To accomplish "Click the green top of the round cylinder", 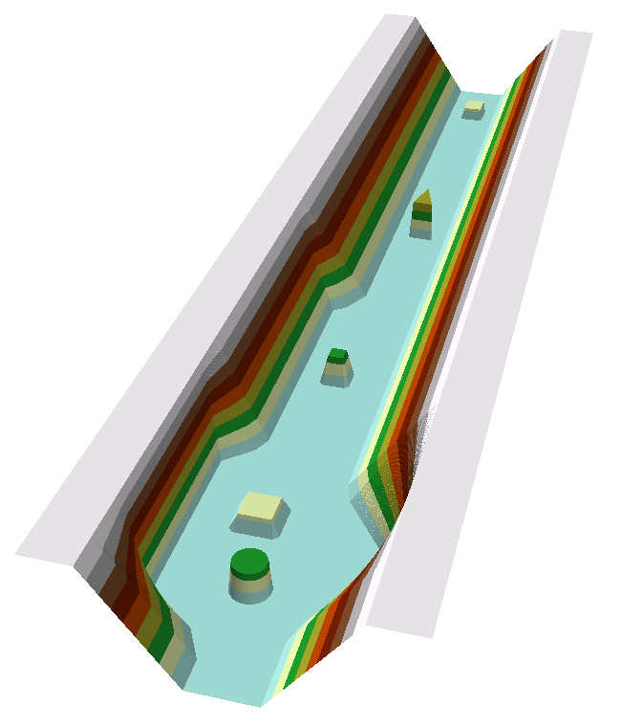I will click(249, 562).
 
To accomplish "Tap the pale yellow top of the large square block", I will click(260, 505).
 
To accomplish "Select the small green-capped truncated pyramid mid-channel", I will click(336, 366).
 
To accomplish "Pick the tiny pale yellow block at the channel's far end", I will click(473, 109).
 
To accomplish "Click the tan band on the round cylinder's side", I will click(249, 583).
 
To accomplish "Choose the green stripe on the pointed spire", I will click(420, 215).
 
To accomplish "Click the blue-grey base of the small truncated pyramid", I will click(335, 380).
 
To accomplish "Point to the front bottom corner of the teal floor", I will click(260, 705).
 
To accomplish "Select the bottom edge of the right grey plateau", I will click(401, 631).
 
